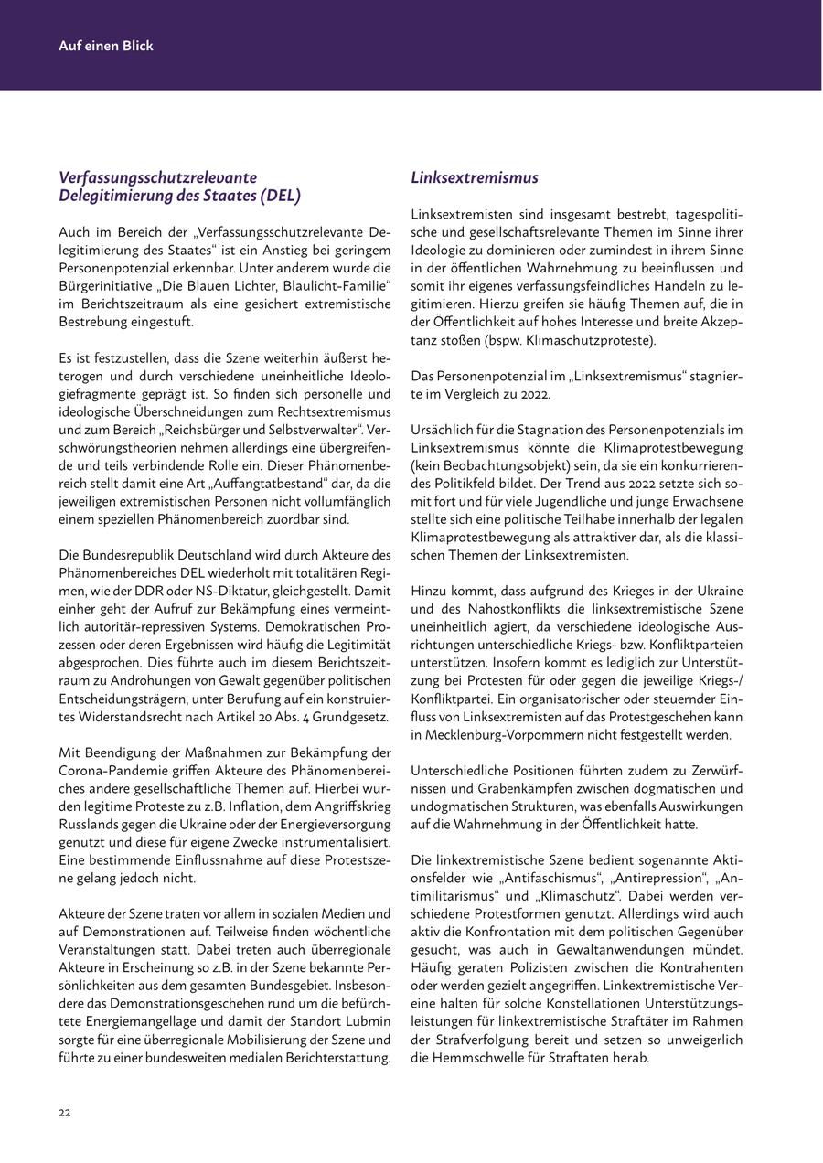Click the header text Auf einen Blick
coord(106,45)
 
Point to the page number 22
coord(65,1112)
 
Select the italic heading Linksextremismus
coord(475,177)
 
